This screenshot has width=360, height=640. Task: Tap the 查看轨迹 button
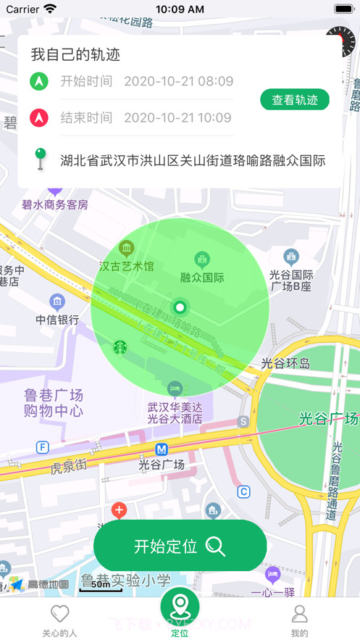coord(295,100)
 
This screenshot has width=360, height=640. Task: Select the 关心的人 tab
coord(59,620)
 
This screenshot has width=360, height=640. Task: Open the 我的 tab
coord(299,620)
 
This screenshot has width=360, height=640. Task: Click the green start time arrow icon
coord(39,81)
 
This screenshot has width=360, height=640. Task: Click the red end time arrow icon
coord(39,117)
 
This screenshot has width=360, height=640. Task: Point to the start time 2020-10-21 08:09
coord(178,81)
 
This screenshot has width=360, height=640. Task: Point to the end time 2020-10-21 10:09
coord(178,117)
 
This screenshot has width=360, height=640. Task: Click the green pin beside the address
coord(41,159)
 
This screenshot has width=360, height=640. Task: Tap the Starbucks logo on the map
coord(120,347)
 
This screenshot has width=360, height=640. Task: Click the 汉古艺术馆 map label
coord(127,266)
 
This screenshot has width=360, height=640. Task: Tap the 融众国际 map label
coord(202,277)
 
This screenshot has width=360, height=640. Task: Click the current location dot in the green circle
coord(180,307)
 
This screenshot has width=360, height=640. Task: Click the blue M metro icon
coord(162,449)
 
